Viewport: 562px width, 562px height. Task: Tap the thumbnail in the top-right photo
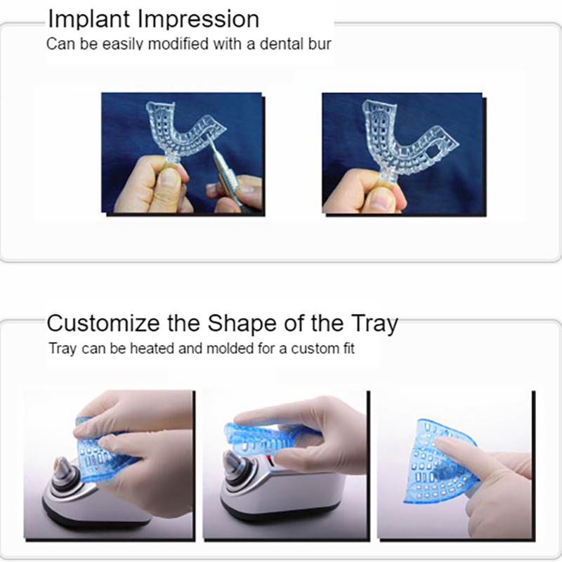coord(379,199)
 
